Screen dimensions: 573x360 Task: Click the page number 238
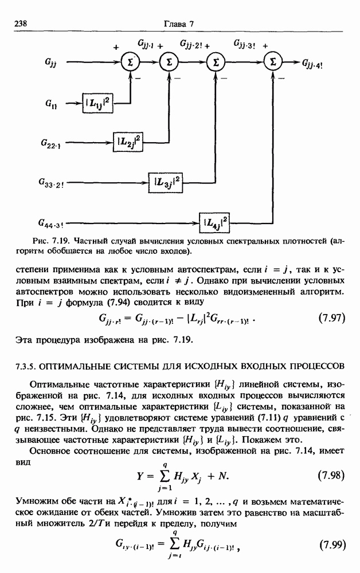coord(21,23)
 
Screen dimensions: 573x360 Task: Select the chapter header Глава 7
coord(180,23)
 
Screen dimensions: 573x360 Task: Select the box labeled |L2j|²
coord(130,140)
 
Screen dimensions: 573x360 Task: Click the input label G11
coord(51,104)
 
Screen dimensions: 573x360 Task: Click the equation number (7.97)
coord(331,318)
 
